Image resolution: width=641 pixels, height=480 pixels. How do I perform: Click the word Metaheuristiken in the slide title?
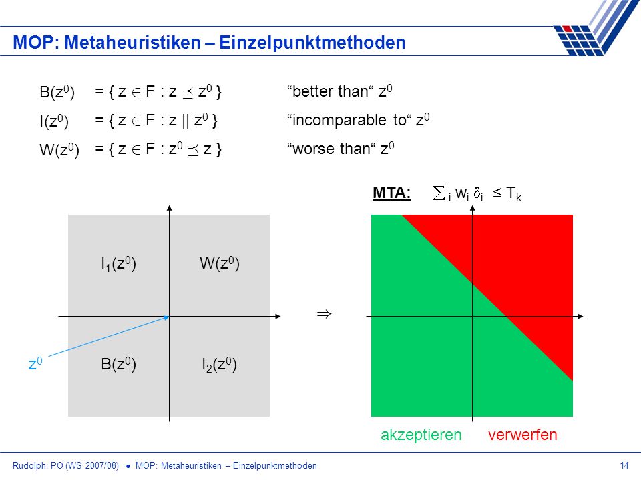pyautogui.click(x=132, y=43)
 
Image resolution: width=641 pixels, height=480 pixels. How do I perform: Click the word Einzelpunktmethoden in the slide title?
pyautogui.click(x=312, y=43)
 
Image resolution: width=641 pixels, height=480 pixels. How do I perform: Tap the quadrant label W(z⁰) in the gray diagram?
pyautogui.click(x=220, y=263)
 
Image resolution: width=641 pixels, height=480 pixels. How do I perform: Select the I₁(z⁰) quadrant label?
pyautogui.click(x=119, y=264)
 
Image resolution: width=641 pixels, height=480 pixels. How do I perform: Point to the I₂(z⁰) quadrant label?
pyautogui.click(x=220, y=365)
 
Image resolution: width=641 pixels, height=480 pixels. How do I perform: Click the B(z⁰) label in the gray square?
pyautogui.click(x=119, y=364)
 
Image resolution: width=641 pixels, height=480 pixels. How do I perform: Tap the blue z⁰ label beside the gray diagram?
pyautogui.click(x=35, y=363)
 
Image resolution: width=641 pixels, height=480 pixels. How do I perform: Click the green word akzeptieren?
pyautogui.click(x=421, y=435)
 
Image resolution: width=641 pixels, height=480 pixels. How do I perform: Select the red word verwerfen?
pyautogui.click(x=522, y=435)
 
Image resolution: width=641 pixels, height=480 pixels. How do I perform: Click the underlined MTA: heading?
pyautogui.click(x=392, y=193)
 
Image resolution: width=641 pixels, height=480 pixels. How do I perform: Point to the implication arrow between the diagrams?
pyautogui.click(x=324, y=314)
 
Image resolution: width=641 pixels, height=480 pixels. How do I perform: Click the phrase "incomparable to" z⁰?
pyautogui.click(x=358, y=120)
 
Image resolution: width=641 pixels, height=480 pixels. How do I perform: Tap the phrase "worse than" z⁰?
pyautogui.click(x=341, y=149)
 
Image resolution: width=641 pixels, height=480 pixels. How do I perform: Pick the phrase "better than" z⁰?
pyautogui.click(x=340, y=91)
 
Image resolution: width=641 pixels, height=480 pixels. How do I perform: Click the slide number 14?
pyautogui.click(x=624, y=466)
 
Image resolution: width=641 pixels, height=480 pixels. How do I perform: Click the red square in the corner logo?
pyautogui.click(x=567, y=29)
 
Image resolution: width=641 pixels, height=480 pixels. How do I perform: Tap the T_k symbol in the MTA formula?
pyautogui.click(x=513, y=193)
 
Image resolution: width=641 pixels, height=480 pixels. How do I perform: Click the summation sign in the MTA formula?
pyautogui.click(x=438, y=193)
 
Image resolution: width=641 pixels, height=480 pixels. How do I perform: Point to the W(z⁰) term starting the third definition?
pyautogui.click(x=59, y=150)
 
